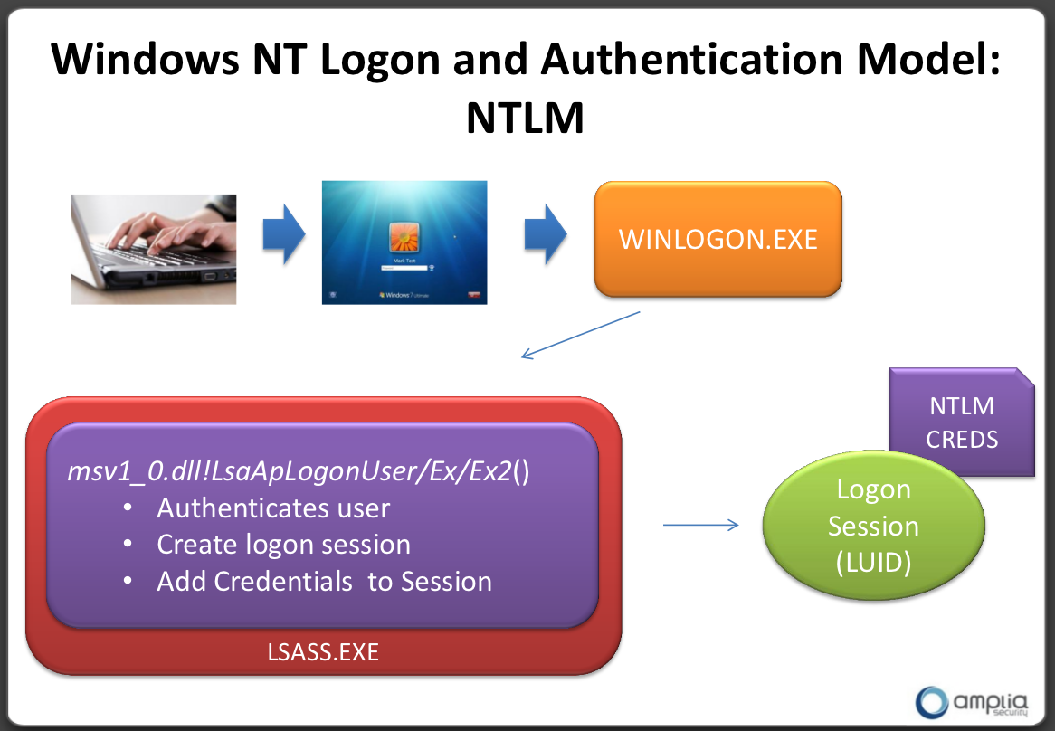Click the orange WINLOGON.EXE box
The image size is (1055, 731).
[718, 240]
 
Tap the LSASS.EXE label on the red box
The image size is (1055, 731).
[323, 651]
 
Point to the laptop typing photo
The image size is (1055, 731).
[154, 249]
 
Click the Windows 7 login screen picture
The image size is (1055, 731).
[404, 242]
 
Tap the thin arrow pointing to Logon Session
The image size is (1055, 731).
[700, 525]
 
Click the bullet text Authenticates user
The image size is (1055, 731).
[273, 508]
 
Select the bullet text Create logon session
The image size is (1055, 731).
[283, 545]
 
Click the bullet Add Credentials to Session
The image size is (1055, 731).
[324, 581]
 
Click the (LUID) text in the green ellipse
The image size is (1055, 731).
[873, 563]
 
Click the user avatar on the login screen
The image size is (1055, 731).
[404, 237]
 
